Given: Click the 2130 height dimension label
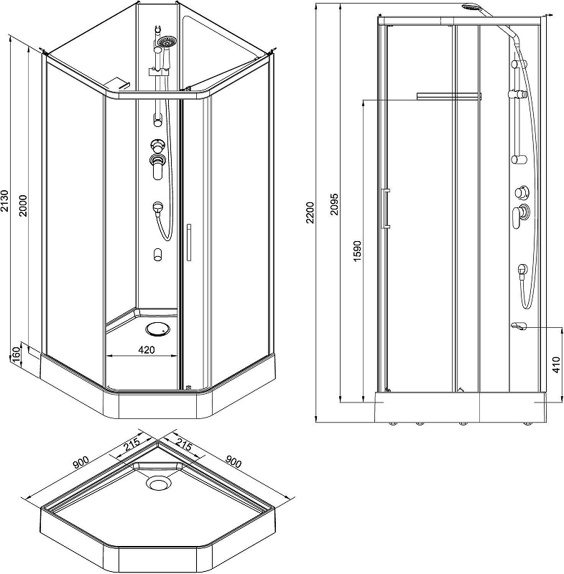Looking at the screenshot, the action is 4,201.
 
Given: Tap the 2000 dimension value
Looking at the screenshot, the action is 24,205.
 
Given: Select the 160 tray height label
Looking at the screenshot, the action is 16,355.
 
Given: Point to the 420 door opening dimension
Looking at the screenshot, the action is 147,349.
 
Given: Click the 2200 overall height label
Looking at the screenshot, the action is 310,212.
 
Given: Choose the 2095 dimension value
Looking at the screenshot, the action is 334,204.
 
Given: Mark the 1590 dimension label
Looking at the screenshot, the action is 357,250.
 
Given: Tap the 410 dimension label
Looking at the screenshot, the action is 556,365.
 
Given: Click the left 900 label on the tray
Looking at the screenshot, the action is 81,462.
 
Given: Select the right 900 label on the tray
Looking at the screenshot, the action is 233,461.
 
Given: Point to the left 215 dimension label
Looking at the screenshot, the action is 132,444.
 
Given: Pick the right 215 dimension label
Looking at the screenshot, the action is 184,444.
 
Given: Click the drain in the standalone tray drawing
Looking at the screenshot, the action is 158,483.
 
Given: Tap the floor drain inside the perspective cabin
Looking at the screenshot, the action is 157,329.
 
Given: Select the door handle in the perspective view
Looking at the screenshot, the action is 189,243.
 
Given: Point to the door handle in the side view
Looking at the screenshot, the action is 385,209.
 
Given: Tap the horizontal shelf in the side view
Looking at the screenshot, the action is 448,96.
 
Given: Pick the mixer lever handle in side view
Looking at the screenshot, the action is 517,217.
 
